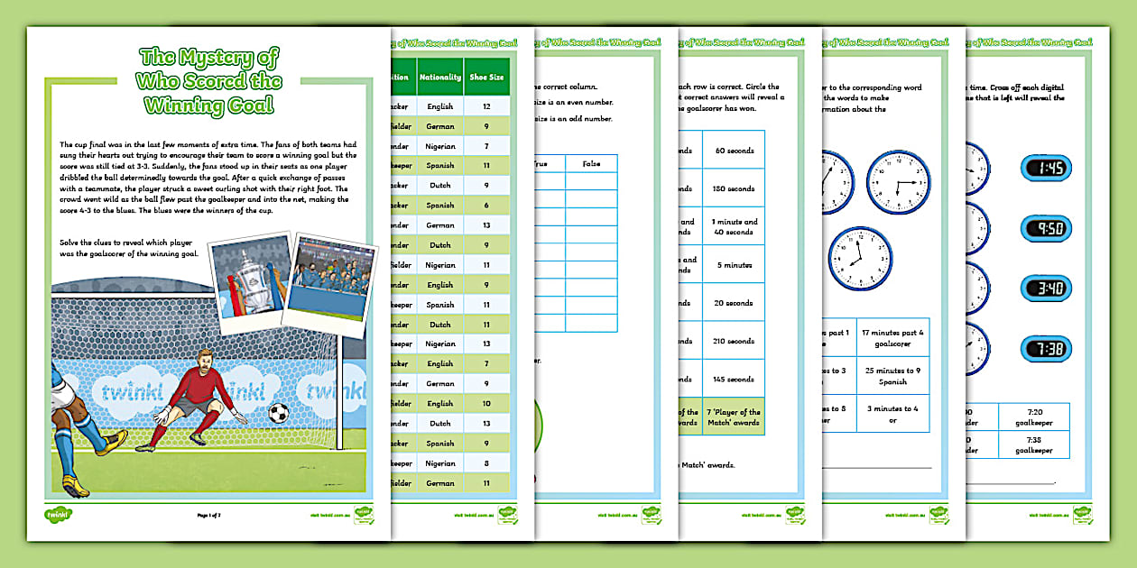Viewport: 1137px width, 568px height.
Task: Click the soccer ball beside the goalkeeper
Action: pos(279,413)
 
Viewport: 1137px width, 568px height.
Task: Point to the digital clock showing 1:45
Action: pos(1046,169)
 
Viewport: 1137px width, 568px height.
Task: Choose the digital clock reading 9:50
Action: pos(1046,228)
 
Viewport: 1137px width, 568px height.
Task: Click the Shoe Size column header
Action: pos(487,77)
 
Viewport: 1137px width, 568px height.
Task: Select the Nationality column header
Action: pos(439,77)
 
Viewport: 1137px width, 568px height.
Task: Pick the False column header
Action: pos(591,163)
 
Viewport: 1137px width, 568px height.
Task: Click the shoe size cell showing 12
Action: pos(487,106)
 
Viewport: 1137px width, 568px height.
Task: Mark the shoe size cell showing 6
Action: pos(487,206)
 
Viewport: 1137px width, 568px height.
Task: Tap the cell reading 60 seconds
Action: pos(733,151)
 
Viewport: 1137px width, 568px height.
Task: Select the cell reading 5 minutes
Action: pos(733,266)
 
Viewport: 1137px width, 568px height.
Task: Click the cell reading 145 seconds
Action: pos(733,379)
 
